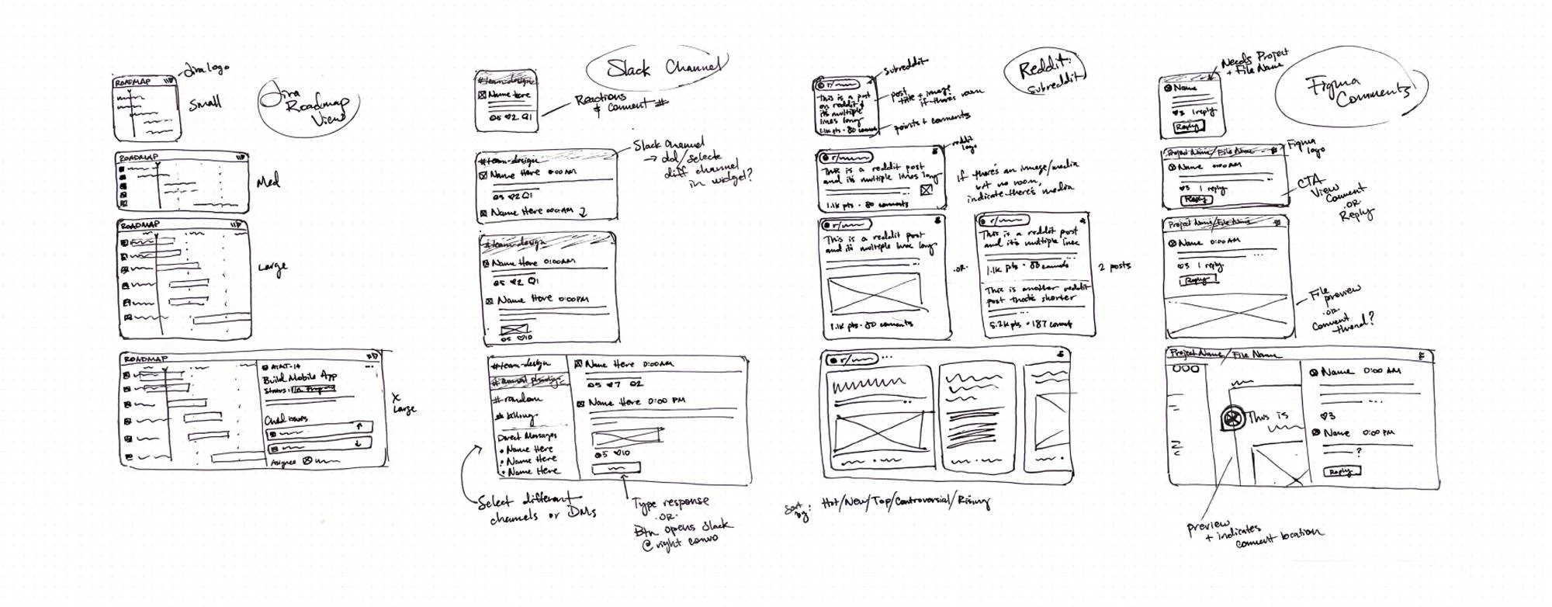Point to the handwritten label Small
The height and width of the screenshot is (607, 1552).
[x=205, y=102]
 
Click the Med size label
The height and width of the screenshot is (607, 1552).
[x=268, y=182]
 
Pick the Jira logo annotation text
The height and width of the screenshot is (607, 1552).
[x=206, y=69]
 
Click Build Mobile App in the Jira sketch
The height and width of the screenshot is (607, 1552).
[x=299, y=379]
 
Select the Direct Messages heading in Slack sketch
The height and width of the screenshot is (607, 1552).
[x=527, y=436]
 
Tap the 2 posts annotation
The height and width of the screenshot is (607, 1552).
[x=1114, y=266]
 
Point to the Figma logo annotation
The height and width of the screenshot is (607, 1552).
[x=1305, y=145]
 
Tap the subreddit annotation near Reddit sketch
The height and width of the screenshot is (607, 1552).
[x=906, y=68]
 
